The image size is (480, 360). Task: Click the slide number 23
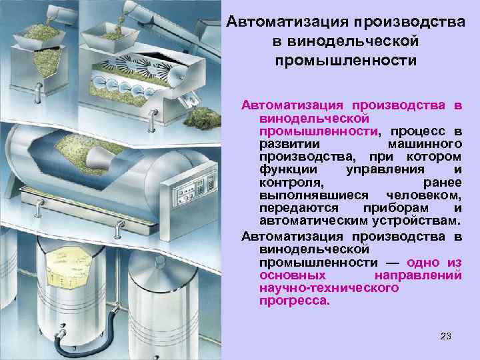click(x=446, y=336)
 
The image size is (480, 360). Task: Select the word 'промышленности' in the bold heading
click(x=345, y=61)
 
